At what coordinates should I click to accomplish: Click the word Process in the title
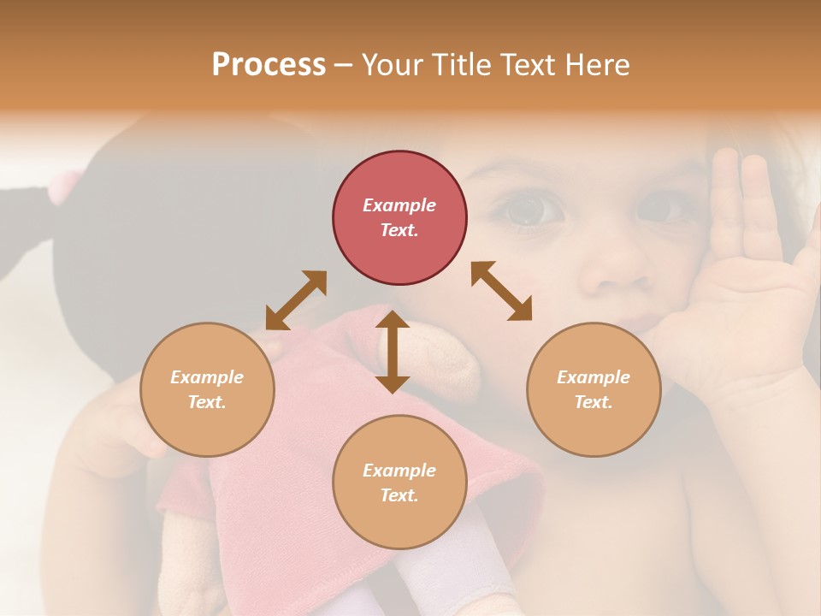click(269, 65)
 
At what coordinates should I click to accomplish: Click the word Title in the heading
click(462, 65)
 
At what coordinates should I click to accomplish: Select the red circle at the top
click(399, 217)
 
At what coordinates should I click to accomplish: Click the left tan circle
click(207, 389)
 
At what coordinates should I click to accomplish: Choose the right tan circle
click(594, 389)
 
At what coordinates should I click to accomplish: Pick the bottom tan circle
click(399, 483)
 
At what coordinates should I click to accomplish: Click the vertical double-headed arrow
click(393, 352)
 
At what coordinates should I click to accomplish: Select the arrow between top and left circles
click(296, 300)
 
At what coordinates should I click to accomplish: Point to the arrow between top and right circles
click(502, 292)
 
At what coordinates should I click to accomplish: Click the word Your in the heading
click(395, 65)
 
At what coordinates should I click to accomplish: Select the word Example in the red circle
click(399, 205)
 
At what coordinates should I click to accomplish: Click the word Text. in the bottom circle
click(399, 495)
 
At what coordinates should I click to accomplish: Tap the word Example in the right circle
click(594, 377)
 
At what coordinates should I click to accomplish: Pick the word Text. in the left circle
click(207, 402)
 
